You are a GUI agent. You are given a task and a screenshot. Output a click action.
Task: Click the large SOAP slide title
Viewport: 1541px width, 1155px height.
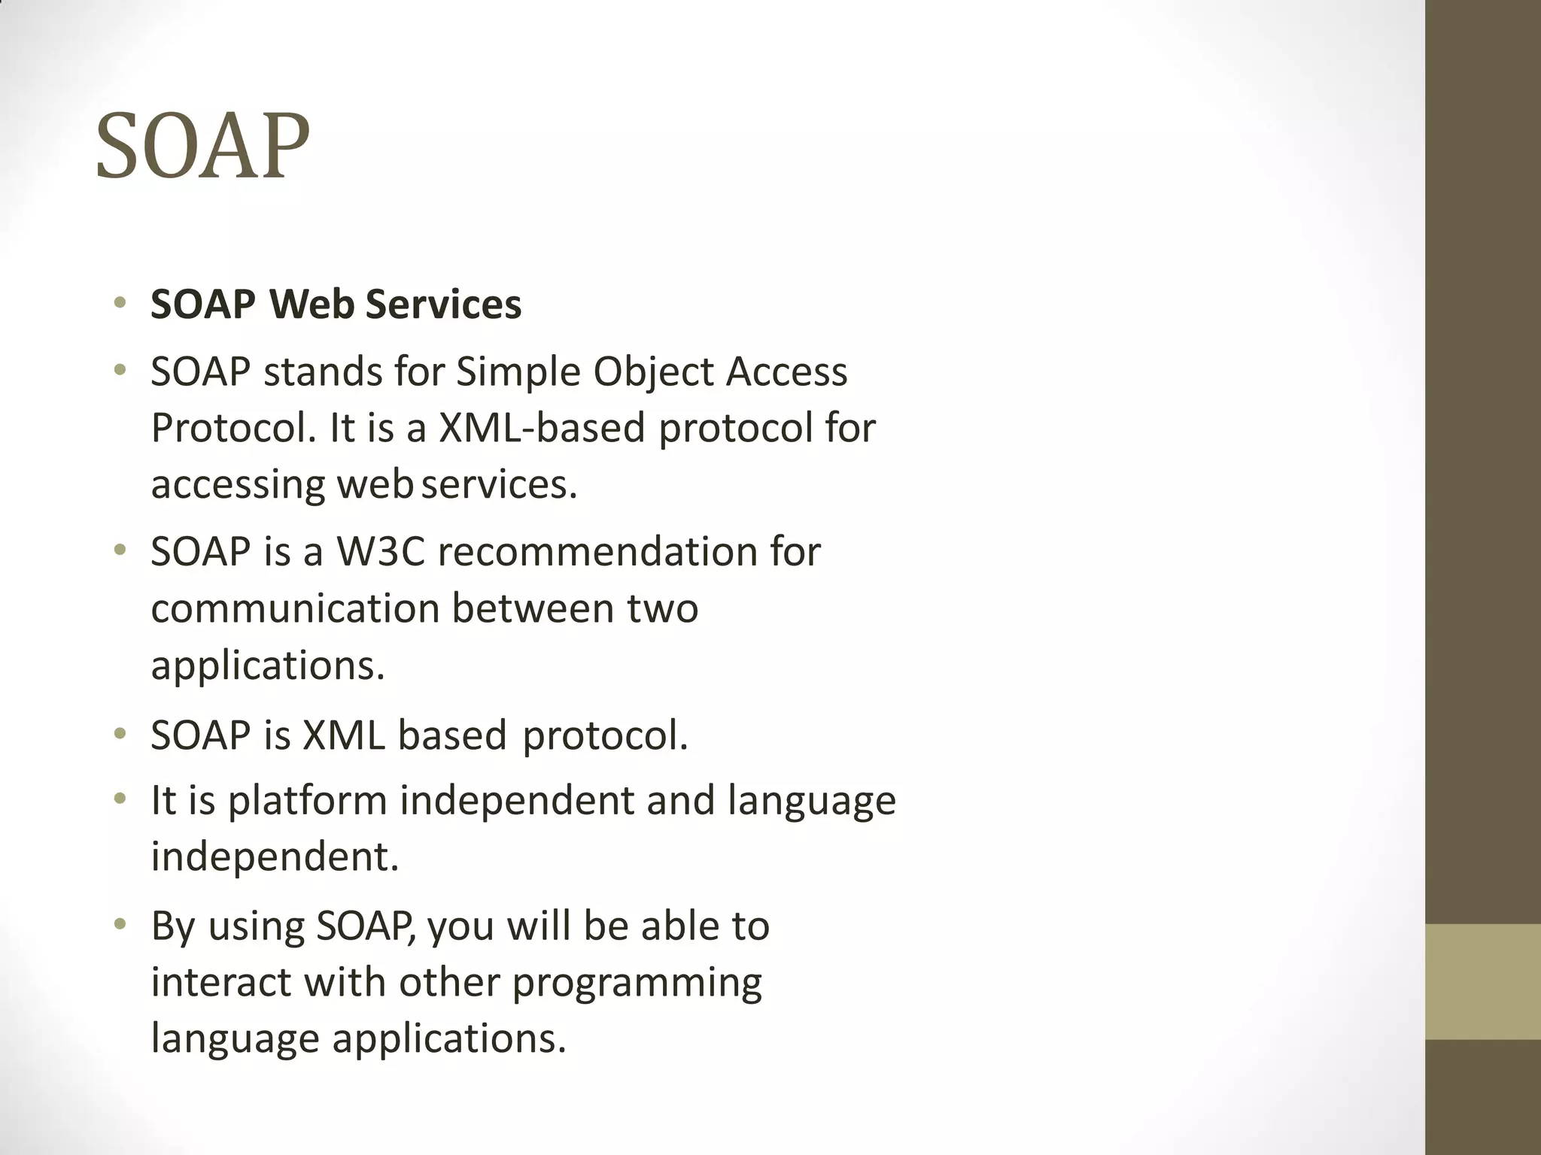click(202, 146)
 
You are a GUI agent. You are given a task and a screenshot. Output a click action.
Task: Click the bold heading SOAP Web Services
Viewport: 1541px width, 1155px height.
click(336, 305)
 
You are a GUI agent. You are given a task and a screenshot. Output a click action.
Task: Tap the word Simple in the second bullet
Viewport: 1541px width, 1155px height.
click(518, 372)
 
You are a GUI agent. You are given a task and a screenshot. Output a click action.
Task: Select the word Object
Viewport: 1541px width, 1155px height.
click(652, 372)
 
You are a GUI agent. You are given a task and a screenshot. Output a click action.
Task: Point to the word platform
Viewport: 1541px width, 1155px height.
click(307, 800)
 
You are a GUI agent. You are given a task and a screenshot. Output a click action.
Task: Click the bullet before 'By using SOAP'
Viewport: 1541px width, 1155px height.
click(120, 926)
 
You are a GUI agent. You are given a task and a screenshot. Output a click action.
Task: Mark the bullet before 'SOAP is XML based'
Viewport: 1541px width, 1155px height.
click(120, 735)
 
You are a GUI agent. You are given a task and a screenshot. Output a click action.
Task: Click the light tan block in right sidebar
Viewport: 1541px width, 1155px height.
click(1482, 981)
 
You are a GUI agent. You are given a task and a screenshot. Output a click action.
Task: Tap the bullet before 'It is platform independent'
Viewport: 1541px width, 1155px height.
click(120, 800)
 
